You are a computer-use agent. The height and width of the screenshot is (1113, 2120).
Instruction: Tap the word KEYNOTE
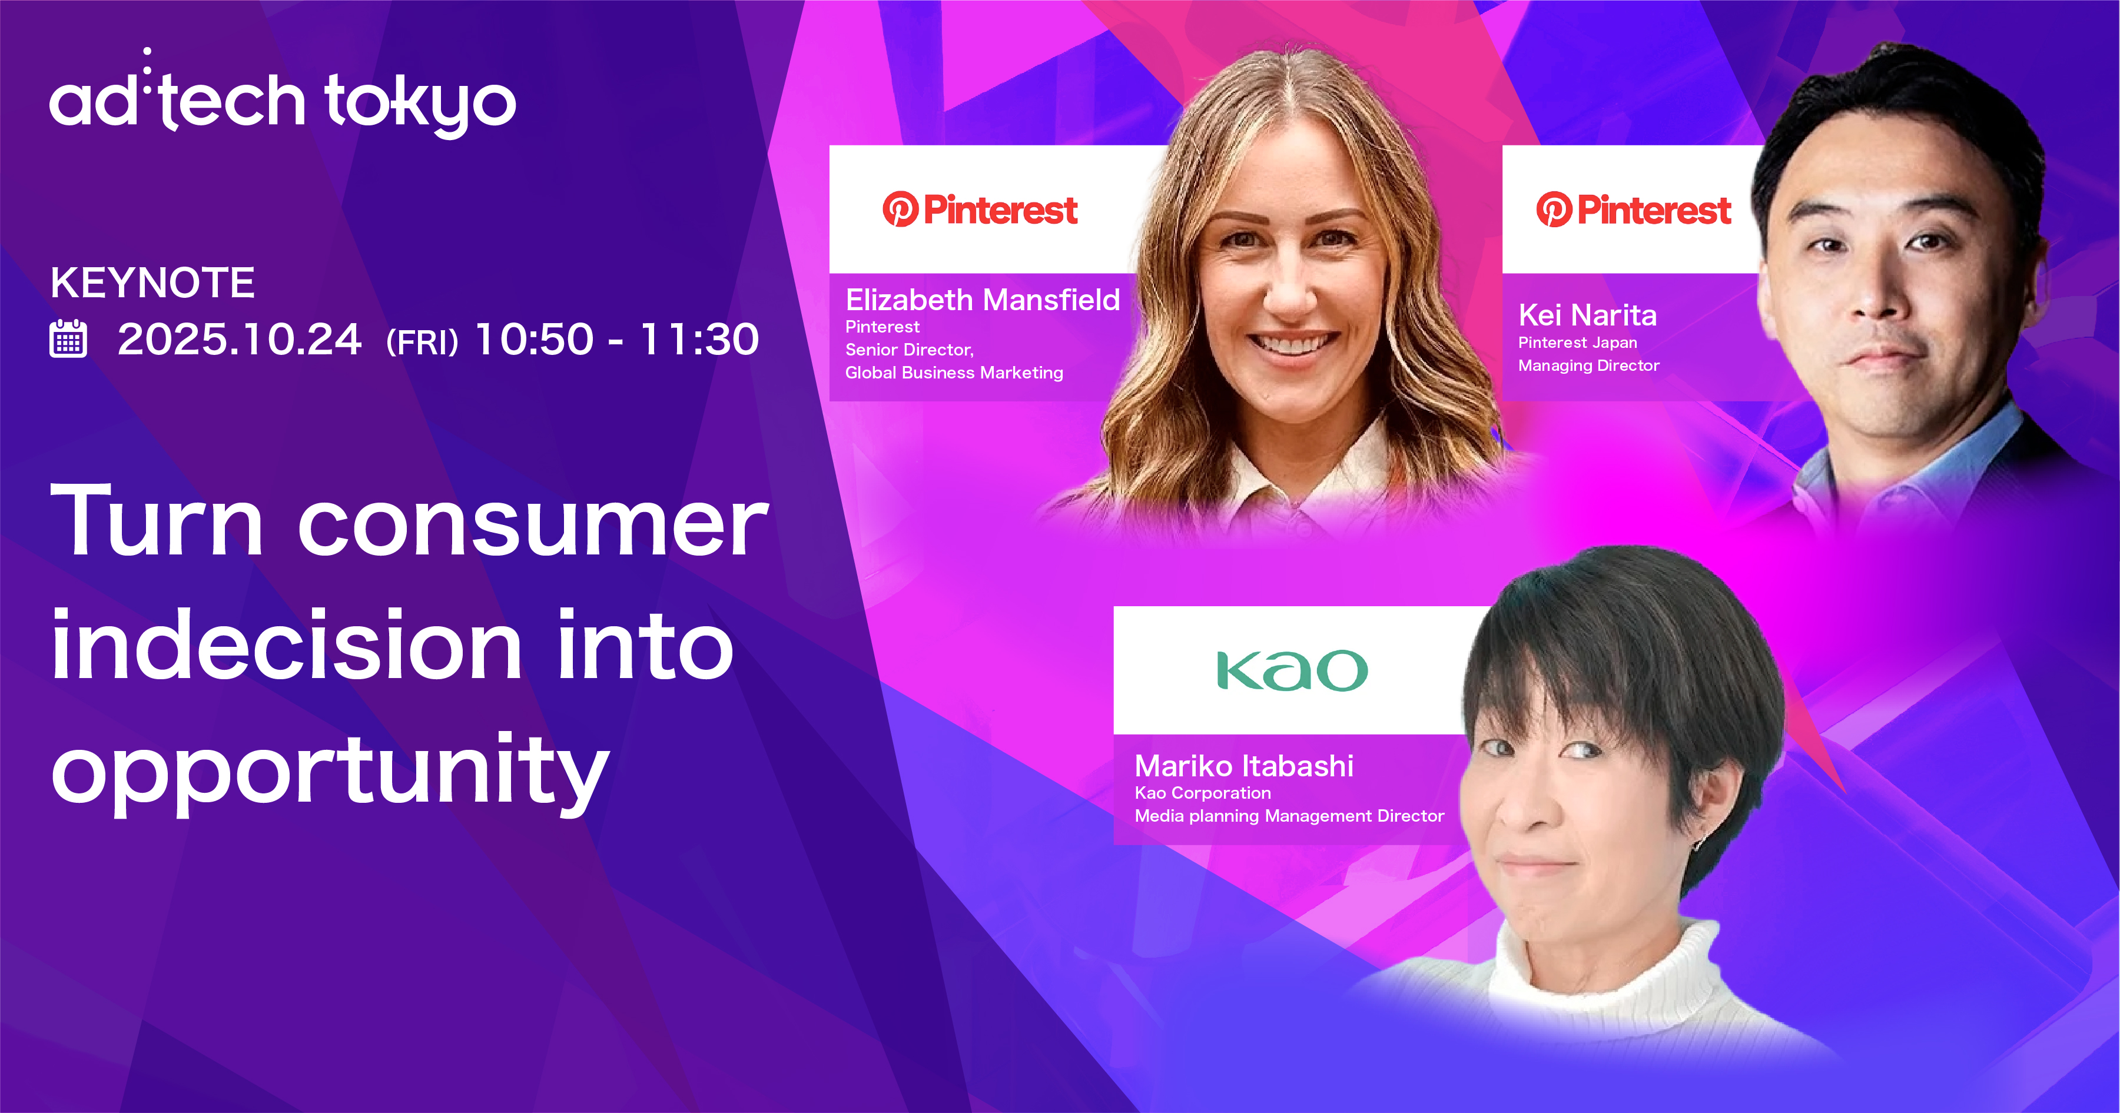point(152,283)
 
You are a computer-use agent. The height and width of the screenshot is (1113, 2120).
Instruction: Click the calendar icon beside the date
point(68,339)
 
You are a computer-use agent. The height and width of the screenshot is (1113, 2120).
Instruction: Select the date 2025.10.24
point(240,339)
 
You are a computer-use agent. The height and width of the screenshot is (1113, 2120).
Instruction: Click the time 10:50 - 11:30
point(616,339)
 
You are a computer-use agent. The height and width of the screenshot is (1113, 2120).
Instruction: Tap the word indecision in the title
point(286,646)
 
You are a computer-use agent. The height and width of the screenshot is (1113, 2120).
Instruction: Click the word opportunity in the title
point(329,772)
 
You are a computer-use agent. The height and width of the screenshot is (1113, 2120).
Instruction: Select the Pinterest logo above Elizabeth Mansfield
point(980,210)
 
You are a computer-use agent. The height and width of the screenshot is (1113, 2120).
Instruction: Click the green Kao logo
point(1292,670)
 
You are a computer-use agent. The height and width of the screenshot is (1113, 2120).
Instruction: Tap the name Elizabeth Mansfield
point(983,300)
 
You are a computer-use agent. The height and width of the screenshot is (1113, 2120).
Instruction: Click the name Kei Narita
point(1587,315)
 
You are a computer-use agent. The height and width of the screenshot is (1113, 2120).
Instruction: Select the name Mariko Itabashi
point(1243,766)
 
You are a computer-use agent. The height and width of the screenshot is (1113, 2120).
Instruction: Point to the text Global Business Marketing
point(954,373)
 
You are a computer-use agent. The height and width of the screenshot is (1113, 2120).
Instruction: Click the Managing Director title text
point(1588,366)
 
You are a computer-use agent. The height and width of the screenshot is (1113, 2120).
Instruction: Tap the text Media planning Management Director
point(1289,816)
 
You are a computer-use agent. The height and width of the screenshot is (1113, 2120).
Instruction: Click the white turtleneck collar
point(1605,971)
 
